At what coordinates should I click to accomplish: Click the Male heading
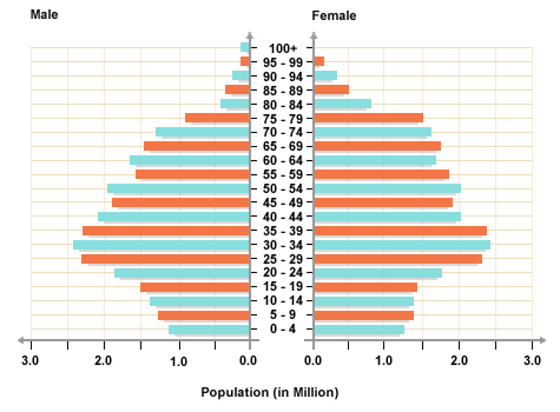tap(44, 15)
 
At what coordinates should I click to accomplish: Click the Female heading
tap(334, 16)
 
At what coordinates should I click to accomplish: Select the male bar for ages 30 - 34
tap(161, 245)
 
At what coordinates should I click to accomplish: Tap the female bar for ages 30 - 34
tap(402, 245)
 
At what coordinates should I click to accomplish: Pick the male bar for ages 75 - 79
tap(217, 118)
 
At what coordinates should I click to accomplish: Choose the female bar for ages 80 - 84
tap(343, 104)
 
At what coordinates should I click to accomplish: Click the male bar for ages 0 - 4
tap(209, 329)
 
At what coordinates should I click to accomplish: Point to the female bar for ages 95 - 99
tap(319, 61)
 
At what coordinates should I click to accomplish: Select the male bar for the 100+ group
tap(245, 47)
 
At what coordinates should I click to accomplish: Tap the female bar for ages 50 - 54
tap(387, 188)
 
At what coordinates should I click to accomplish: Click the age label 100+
tap(283, 49)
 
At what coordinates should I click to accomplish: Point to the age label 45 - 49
tap(283, 202)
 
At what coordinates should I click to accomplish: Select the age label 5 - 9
tap(283, 315)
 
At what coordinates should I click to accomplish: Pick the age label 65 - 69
tap(283, 146)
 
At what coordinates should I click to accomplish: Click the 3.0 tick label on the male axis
tap(30, 360)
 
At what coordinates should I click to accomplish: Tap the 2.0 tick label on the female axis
tap(459, 360)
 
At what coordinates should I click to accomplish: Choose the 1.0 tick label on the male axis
tap(178, 361)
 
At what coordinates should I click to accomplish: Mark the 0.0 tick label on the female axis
tap(313, 360)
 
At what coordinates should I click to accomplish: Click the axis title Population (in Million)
tap(269, 392)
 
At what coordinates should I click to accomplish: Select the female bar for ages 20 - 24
tap(378, 273)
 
